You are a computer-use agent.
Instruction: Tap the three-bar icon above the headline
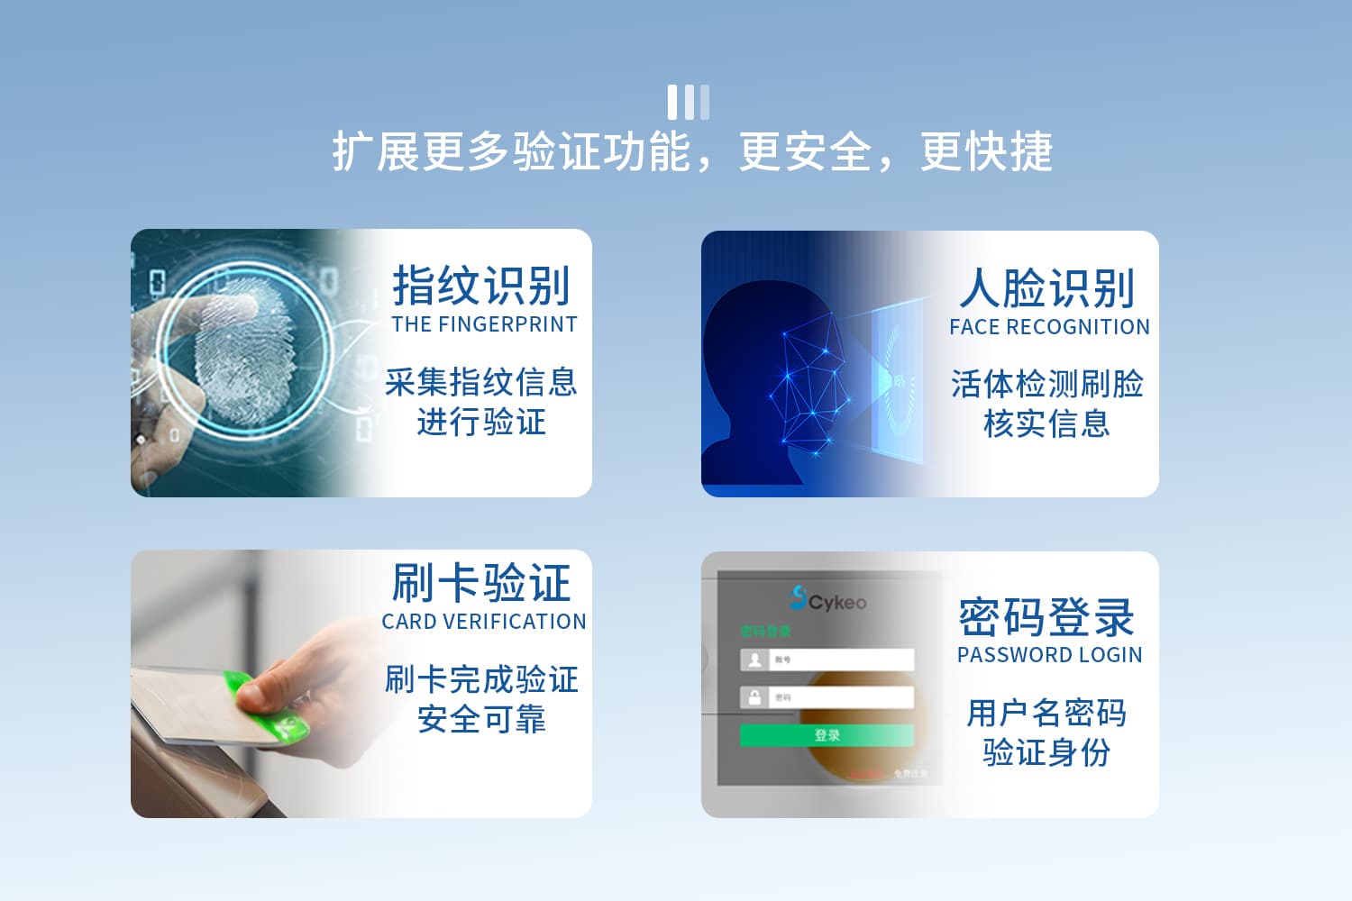(x=688, y=102)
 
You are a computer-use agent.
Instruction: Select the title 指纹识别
(x=481, y=287)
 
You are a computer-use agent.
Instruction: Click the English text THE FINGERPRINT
(x=484, y=324)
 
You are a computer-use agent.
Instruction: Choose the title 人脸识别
(x=1047, y=289)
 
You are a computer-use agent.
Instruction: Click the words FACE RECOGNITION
(x=1049, y=327)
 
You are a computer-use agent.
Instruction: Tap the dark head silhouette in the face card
(x=757, y=378)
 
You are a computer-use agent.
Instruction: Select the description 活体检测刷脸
(x=1046, y=385)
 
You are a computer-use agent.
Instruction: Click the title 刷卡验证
(x=481, y=583)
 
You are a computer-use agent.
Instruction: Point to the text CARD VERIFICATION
(x=483, y=622)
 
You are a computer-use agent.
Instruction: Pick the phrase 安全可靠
(x=481, y=719)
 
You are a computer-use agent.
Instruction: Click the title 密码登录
(x=1046, y=618)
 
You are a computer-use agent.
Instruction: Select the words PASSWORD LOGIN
(x=1049, y=655)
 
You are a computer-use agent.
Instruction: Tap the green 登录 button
(x=827, y=735)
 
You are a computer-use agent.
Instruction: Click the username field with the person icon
(x=827, y=660)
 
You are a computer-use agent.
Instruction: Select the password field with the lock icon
(x=827, y=697)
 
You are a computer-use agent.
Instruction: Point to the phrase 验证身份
(x=1046, y=751)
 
